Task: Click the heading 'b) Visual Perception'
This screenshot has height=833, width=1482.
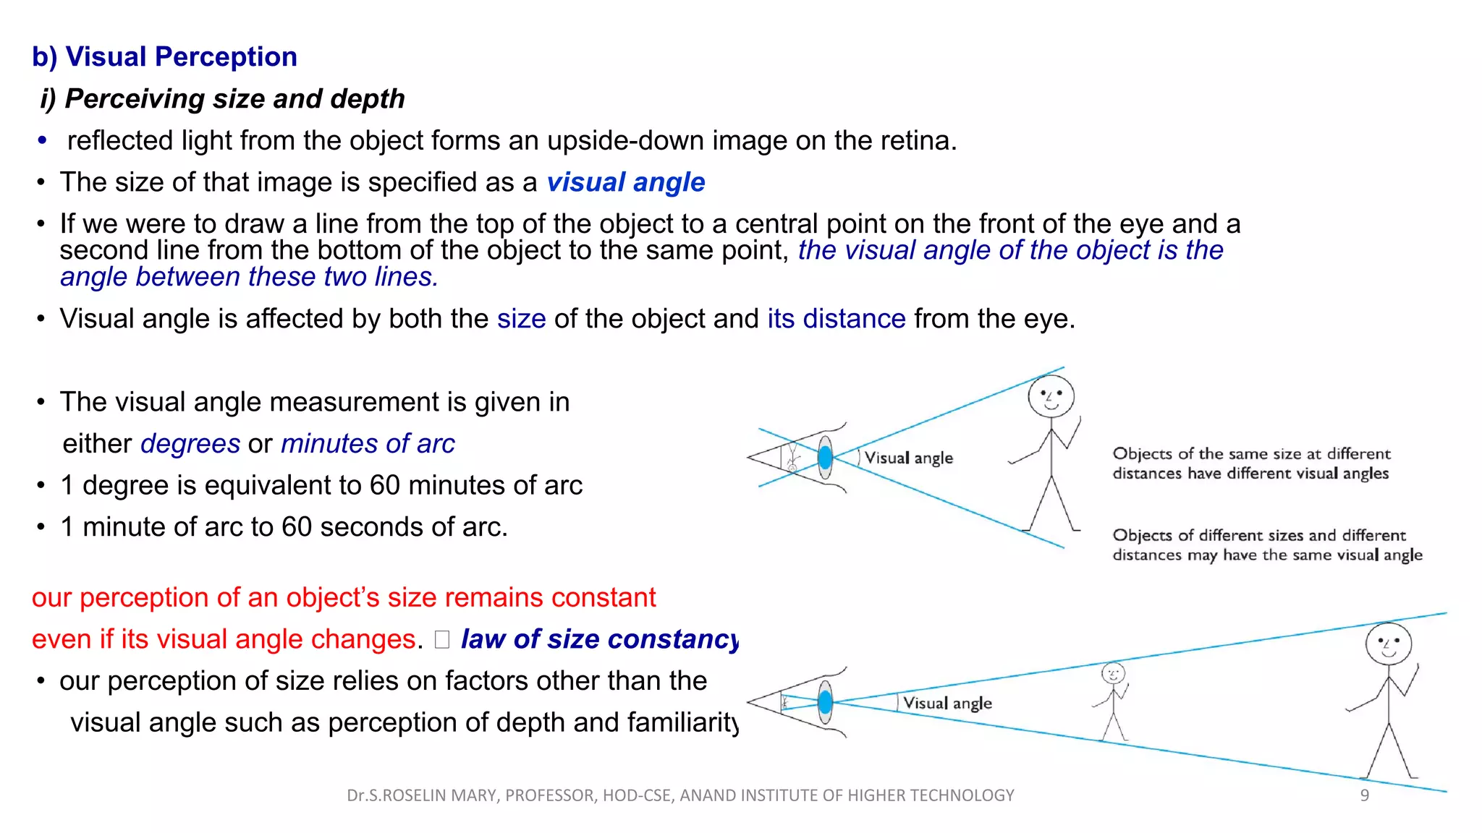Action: (164, 57)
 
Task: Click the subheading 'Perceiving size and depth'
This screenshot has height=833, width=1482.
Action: (234, 99)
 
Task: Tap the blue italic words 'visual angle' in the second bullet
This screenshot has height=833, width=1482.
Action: (625, 182)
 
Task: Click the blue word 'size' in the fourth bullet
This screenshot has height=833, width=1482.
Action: (521, 319)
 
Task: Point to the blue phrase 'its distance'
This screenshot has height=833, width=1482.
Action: (836, 319)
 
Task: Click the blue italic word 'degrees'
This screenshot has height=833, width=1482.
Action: (190, 444)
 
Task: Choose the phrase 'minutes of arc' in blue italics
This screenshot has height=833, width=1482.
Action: (368, 444)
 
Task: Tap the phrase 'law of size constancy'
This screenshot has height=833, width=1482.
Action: (599, 639)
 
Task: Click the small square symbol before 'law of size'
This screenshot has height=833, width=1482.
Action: (442, 640)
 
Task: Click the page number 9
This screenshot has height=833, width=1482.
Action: (1364, 795)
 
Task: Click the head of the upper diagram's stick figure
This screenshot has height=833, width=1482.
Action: (1051, 397)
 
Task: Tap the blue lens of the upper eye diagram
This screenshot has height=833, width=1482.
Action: (825, 458)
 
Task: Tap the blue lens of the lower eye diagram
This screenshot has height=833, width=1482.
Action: (825, 701)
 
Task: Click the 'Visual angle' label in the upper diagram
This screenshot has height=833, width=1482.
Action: (909, 458)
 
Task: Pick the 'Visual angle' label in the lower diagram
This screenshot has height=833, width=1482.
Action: (947, 704)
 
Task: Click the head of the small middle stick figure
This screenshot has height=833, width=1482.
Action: (1113, 674)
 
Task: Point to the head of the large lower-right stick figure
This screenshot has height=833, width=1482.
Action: (1388, 644)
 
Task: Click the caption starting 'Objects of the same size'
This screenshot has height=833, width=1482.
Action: (1250, 464)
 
